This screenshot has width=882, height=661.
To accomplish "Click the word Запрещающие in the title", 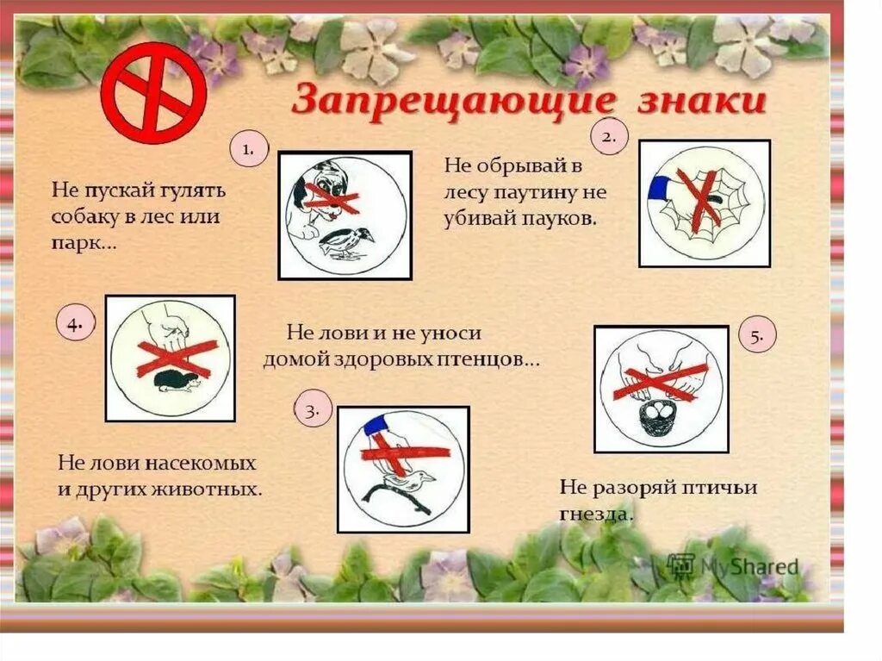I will [x=453, y=102].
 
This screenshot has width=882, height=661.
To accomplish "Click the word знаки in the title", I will [x=703, y=102].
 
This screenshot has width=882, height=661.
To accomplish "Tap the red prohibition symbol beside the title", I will [x=153, y=94].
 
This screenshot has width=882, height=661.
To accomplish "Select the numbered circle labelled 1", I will [x=248, y=150].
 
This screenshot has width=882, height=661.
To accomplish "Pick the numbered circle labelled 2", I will [x=609, y=137].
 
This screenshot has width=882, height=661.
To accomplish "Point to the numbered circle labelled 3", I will [x=313, y=411].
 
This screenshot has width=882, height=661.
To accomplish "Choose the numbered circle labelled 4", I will [x=75, y=324].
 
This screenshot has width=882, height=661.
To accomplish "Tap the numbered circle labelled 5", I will [x=757, y=337].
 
